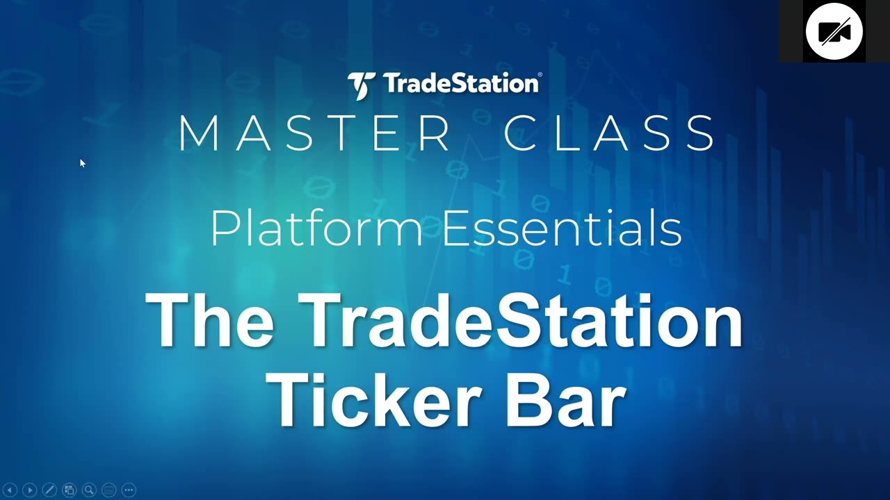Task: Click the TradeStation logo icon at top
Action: (362, 85)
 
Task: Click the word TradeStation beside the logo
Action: (460, 84)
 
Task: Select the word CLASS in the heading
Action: (610, 133)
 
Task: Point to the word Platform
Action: (316, 228)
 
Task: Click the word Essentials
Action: (562, 228)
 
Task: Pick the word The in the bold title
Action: (209, 321)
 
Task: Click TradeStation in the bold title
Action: (521, 321)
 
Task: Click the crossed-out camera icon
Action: (834, 31)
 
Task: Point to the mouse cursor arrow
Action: (81, 163)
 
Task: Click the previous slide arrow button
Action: (10, 490)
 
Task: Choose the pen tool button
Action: (49, 490)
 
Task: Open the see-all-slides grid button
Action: (69, 490)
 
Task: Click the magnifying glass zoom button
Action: (89, 490)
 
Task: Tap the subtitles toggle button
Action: (108, 490)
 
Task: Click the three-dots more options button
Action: (129, 490)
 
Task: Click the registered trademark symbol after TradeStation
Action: (540, 74)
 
